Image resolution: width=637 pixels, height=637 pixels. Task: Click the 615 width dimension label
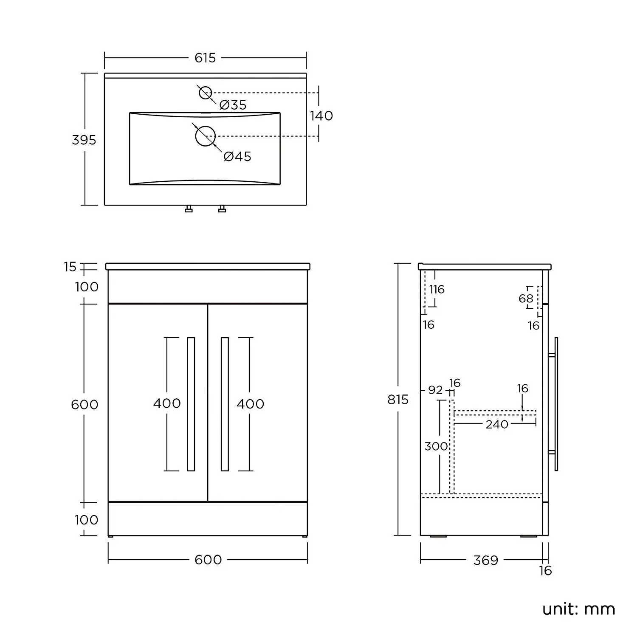(x=205, y=58)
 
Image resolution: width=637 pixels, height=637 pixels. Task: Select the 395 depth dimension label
(x=84, y=140)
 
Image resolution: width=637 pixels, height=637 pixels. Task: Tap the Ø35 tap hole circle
(x=206, y=93)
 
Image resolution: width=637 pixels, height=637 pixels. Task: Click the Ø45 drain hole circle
(x=206, y=136)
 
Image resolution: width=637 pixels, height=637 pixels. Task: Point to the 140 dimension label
(x=321, y=116)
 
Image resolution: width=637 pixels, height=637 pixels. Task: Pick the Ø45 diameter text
(x=237, y=157)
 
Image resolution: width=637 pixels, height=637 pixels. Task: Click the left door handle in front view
(x=191, y=404)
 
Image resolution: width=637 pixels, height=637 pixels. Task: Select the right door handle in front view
(x=225, y=404)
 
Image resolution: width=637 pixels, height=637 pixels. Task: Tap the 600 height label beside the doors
(x=85, y=404)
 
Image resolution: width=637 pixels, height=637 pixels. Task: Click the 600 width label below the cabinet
(x=208, y=560)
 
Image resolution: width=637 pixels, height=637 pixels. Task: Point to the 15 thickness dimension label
(x=70, y=267)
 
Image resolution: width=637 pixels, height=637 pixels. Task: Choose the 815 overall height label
(x=398, y=400)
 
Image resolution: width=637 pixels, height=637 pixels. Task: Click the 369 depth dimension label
(x=485, y=561)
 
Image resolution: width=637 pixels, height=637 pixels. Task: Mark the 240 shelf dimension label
(x=497, y=424)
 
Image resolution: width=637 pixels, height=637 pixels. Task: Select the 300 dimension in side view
(x=436, y=446)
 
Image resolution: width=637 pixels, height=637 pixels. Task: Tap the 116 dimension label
(x=437, y=290)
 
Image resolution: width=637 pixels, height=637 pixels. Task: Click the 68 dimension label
(x=526, y=299)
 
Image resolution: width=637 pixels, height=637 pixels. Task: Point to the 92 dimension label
(x=435, y=390)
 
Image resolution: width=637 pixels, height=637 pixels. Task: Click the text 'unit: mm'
(x=578, y=609)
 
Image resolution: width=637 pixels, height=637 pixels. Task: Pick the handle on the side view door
(x=556, y=404)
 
